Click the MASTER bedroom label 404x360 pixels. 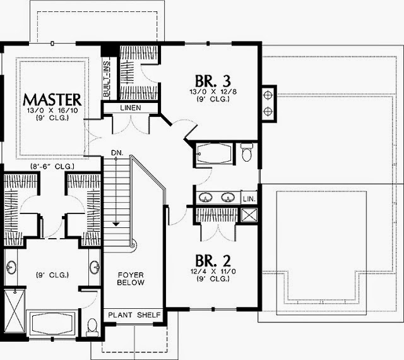(x=52, y=99)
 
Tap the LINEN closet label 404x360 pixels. (x=135, y=108)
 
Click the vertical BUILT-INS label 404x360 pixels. (x=107, y=78)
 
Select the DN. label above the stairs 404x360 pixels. (x=117, y=152)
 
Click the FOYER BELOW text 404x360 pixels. (x=131, y=279)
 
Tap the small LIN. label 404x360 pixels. (x=250, y=199)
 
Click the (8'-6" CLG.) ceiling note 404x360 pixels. (x=53, y=167)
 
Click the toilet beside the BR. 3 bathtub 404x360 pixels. (x=248, y=152)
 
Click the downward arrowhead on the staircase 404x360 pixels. (x=117, y=223)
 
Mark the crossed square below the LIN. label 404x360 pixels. (x=250, y=213)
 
